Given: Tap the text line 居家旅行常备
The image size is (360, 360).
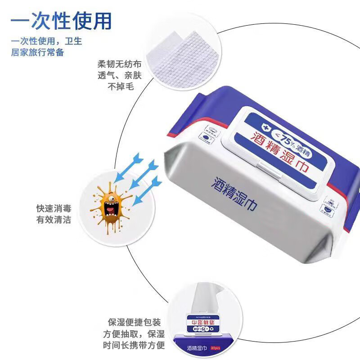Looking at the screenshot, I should point(37,52).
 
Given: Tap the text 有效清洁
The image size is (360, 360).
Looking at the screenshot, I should point(54,220).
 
